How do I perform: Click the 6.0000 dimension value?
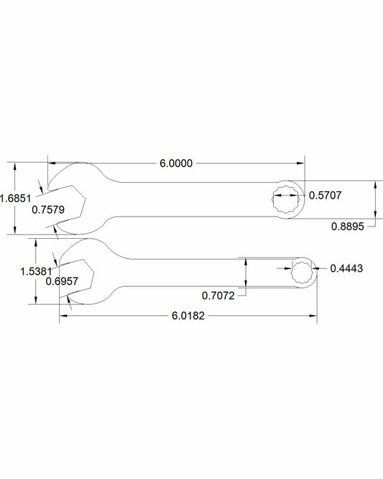[x=176, y=163]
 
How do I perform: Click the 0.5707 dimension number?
[x=326, y=194]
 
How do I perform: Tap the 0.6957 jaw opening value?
[x=62, y=281]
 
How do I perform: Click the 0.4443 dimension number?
[x=346, y=268]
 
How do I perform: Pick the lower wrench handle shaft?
[x=208, y=274]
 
